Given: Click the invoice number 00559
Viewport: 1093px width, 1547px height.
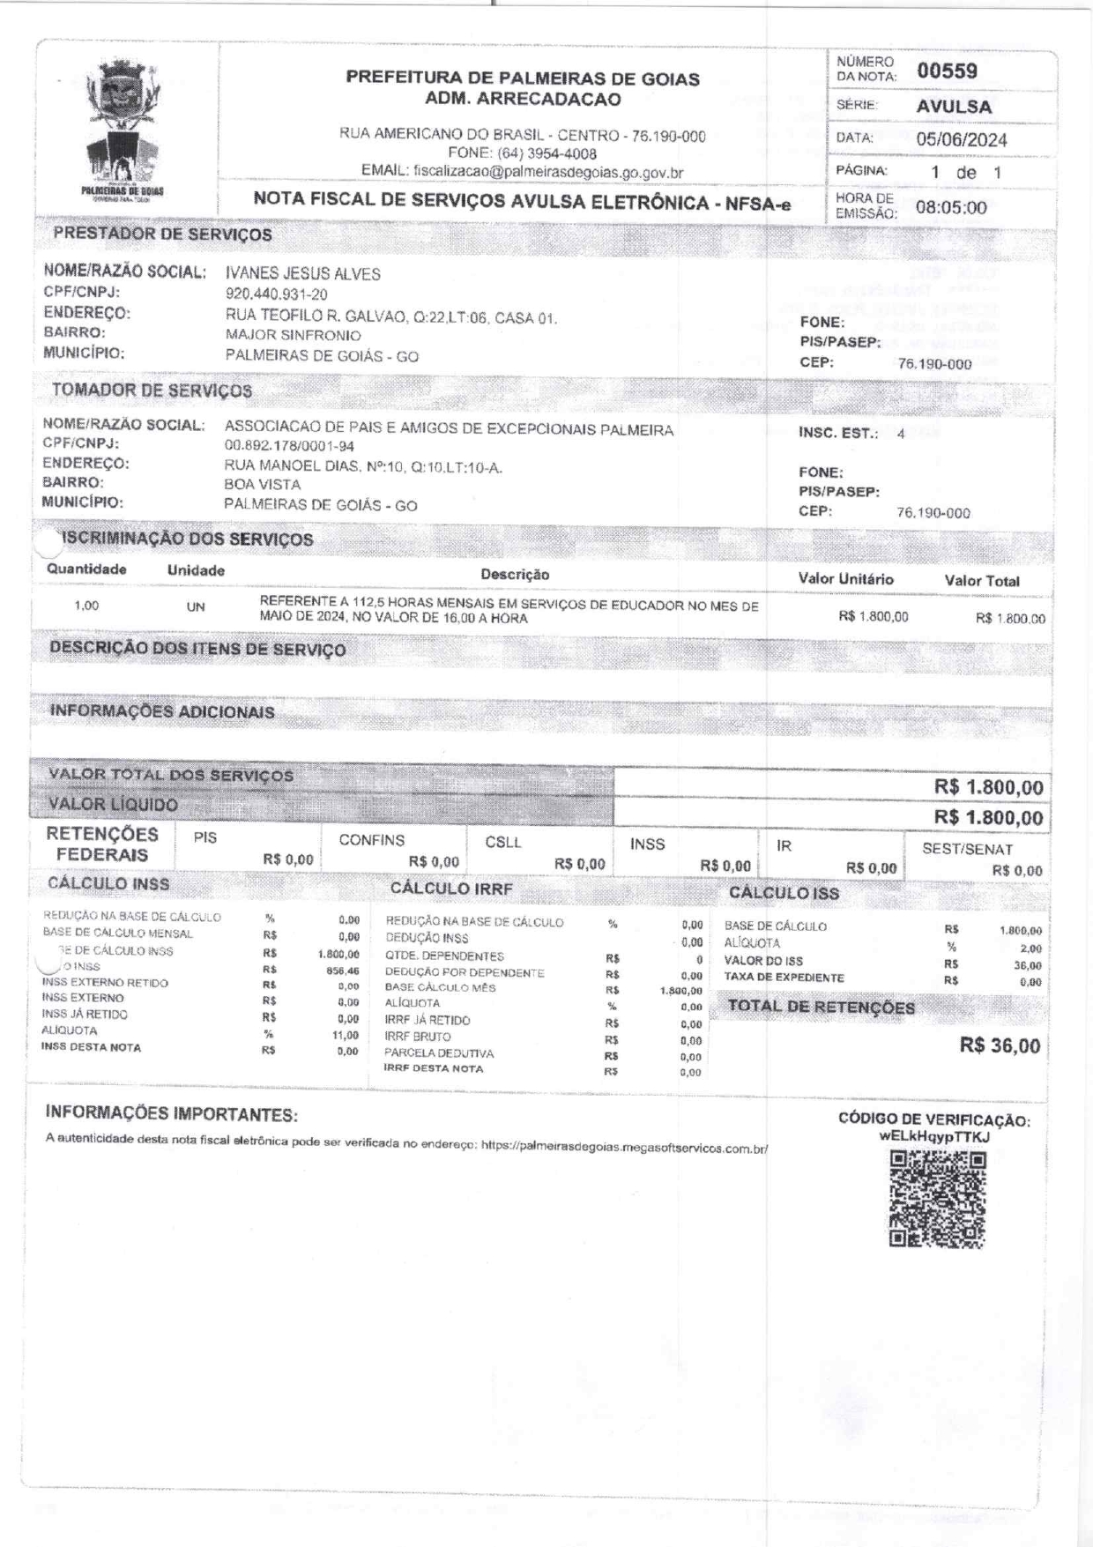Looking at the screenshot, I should (x=947, y=71).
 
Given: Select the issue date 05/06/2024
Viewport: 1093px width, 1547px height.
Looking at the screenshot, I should (x=961, y=139).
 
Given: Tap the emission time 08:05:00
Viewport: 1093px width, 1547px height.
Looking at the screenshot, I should (x=951, y=208).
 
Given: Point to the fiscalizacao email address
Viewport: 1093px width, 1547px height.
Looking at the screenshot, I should (x=548, y=173).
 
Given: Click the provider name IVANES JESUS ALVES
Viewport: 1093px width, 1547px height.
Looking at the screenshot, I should (x=303, y=274).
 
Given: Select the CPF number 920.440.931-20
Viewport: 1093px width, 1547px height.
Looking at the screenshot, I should (x=276, y=294).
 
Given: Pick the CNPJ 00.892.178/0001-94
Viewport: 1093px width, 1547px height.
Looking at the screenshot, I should (x=289, y=447).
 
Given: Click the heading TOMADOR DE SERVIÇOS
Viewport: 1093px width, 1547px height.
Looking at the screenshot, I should (x=152, y=390).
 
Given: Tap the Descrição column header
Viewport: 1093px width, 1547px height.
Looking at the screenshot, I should (x=515, y=575).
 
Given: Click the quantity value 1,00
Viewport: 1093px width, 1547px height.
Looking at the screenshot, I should (x=86, y=606).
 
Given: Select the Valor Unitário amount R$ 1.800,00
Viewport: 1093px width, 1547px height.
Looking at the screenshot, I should (x=873, y=616).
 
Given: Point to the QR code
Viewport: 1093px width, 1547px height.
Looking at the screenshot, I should (x=936, y=1200).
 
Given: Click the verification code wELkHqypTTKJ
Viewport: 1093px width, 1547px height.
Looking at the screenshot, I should (x=934, y=1137).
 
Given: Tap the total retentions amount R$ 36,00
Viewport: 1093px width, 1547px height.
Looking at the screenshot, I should (x=1000, y=1046).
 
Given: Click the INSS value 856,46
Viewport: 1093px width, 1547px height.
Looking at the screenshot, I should (x=341, y=970).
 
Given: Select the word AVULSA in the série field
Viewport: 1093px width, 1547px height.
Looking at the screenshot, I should (x=954, y=107).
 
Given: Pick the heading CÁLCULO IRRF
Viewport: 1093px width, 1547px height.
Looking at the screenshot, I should (x=450, y=889).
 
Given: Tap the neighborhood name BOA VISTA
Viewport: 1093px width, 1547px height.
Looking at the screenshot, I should (x=262, y=485).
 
